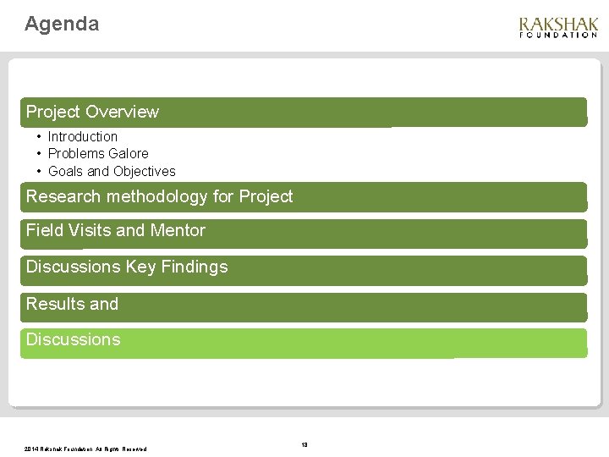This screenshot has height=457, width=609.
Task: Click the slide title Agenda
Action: [x=62, y=24]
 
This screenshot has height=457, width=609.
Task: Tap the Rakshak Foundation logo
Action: [x=558, y=28]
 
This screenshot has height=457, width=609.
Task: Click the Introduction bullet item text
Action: [x=82, y=136]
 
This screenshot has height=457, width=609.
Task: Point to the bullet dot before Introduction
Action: [x=39, y=136]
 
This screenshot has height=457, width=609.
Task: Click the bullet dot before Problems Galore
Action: [x=39, y=153]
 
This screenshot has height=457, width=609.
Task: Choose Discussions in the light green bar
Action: [x=73, y=339]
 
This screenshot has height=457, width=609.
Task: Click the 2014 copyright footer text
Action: [x=85, y=449]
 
